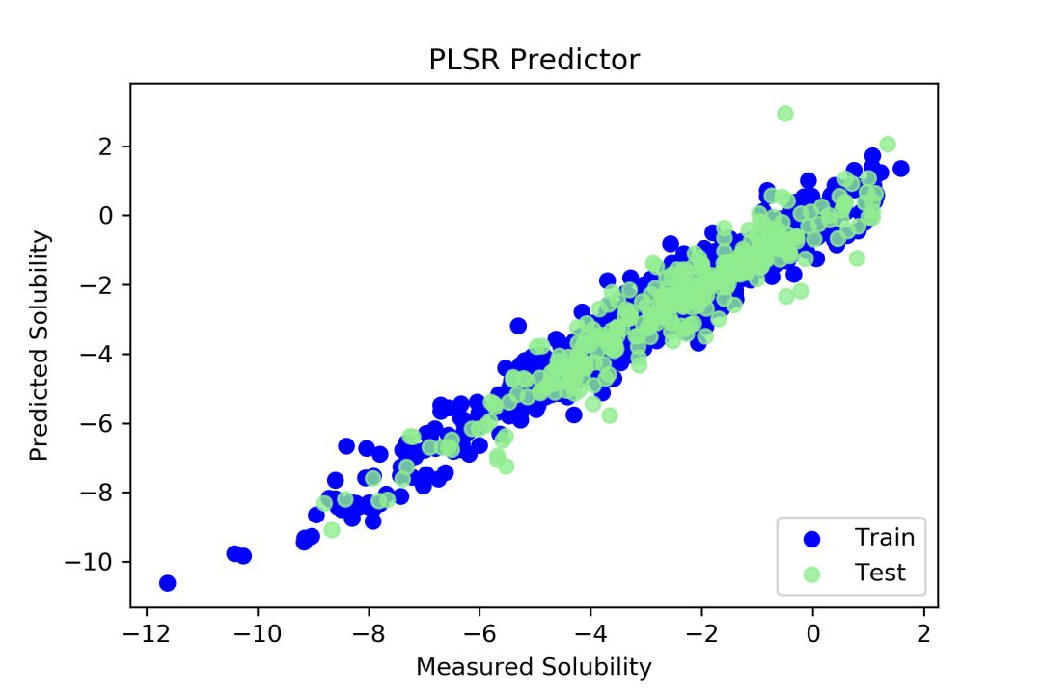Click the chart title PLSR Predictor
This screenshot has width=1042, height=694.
pos(534,60)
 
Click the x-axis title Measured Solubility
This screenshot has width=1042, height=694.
pos(534,666)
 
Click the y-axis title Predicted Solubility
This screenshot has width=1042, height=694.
pos(39,345)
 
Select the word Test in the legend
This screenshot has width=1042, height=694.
pos(880,573)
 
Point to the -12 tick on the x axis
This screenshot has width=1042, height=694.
pos(146,635)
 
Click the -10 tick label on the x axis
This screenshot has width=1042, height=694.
pos(257,635)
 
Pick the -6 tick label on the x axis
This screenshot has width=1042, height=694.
pos(480,635)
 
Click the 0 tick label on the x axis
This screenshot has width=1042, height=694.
pos(813,635)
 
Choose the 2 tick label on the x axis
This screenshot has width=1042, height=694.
pos(924,635)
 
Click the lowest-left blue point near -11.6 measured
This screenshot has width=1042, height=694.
pos(167,583)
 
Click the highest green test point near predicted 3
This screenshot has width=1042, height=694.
pos(784,114)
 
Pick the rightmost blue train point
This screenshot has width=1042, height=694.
pos(901,169)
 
